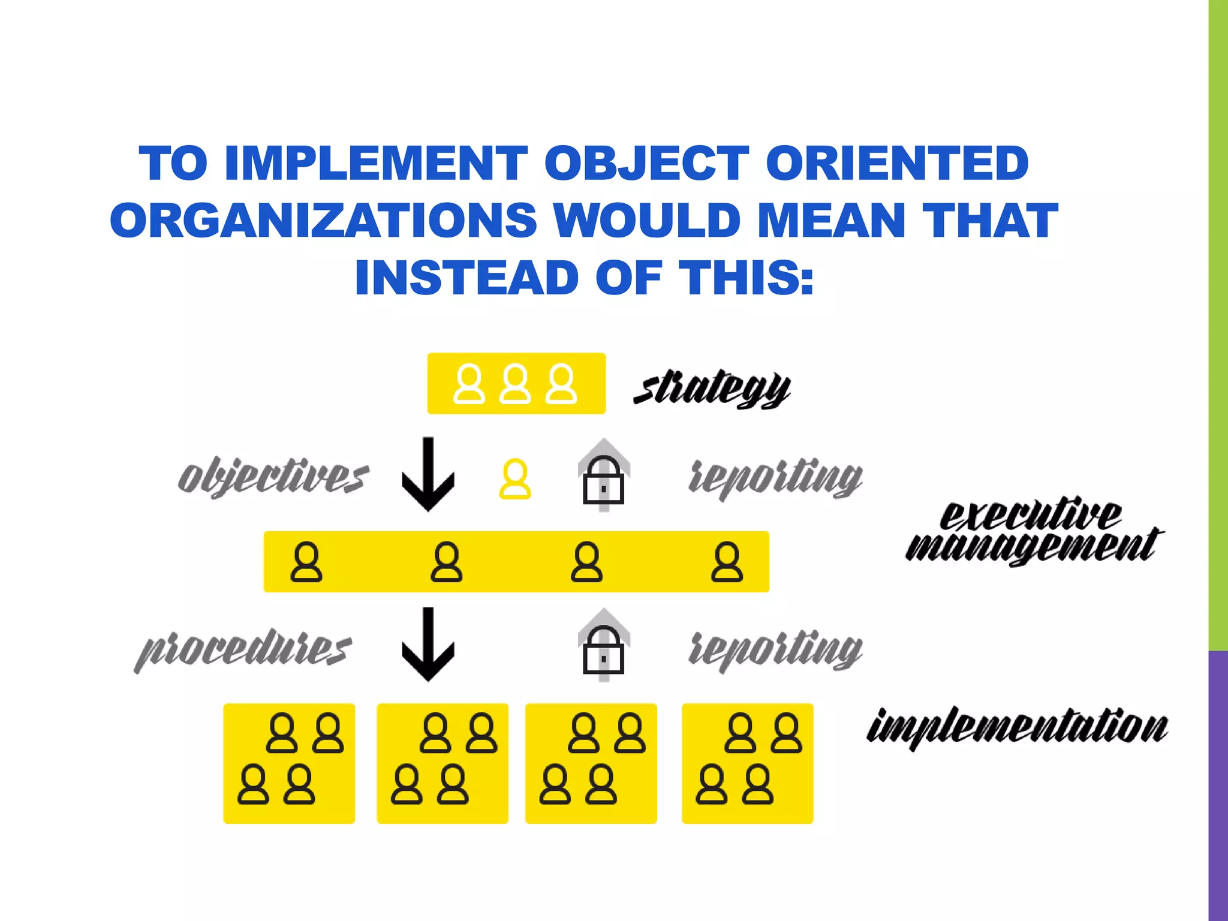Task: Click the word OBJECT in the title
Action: [646, 163]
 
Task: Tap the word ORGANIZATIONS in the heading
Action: [323, 220]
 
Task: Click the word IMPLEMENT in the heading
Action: [375, 163]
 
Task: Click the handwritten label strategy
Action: [712, 389]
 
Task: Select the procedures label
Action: [243, 649]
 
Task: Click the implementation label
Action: [1017, 727]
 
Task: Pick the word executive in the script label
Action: [1030, 514]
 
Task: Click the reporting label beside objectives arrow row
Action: [775, 478]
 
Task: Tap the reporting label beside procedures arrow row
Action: [775, 649]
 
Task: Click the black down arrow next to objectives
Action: [428, 475]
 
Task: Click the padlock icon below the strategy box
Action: [604, 480]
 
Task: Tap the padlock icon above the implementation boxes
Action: [604, 650]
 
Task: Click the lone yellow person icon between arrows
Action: [515, 479]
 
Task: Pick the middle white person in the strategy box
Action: [515, 384]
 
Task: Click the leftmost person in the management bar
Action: [306, 562]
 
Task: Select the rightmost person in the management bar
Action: [727, 562]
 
